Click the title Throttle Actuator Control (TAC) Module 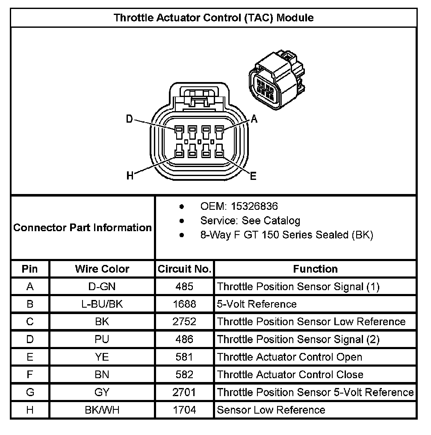(x=213, y=18)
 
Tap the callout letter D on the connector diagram (x=130, y=119)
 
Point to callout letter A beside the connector (x=254, y=120)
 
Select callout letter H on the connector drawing (x=130, y=175)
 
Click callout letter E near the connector (x=253, y=176)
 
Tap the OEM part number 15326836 (x=254, y=206)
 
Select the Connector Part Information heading (x=83, y=227)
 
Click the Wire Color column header (x=102, y=269)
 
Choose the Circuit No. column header (x=184, y=269)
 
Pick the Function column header (x=315, y=269)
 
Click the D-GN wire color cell (x=102, y=286)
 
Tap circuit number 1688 (x=184, y=304)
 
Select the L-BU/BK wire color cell (x=102, y=304)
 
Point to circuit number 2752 (x=184, y=322)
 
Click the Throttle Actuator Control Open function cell (x=289, y=357)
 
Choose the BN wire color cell (x=102, y=375)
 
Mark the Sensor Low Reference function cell (x=271, y=410)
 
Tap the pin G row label (x=30, y=392)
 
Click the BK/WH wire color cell (x=102, y=410)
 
